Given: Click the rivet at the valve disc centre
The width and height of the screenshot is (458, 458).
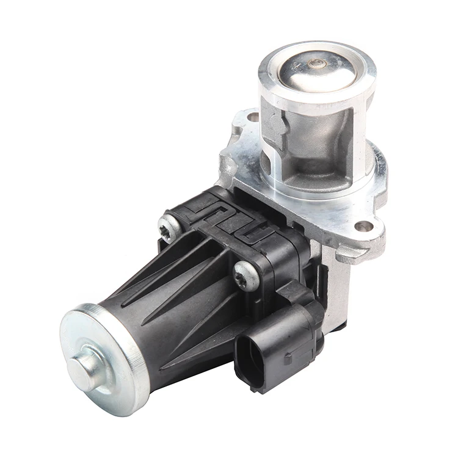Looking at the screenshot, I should click(316, 63).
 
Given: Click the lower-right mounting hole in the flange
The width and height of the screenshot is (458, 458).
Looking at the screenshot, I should click(365, 227).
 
